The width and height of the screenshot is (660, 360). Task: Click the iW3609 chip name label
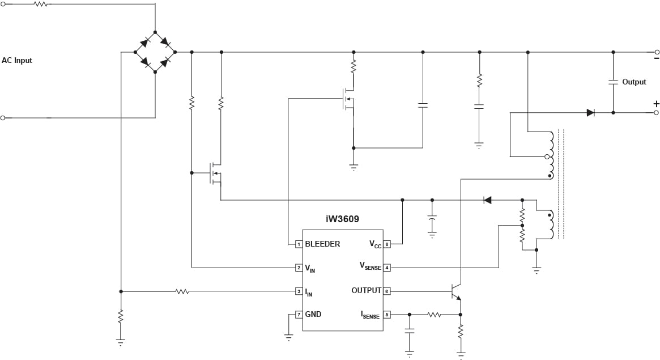pos(342,219)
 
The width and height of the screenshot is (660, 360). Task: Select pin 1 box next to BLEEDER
pos(298,244)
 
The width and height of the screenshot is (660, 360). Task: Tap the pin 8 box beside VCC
pos(387,244)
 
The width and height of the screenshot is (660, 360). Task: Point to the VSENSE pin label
pos(371,266)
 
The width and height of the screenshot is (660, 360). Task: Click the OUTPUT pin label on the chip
pos(366,291)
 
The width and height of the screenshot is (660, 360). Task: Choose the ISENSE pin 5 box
pos(387,314)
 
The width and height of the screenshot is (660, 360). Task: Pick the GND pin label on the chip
pos(313,314)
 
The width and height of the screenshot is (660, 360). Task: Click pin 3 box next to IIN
pos(298,291)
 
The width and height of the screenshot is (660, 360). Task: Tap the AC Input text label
pos(17,60)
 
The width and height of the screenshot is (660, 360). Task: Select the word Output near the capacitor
pos(634,82)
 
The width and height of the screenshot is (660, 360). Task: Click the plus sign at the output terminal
pos(656,104)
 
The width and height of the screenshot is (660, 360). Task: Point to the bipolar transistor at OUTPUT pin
pos(456,291)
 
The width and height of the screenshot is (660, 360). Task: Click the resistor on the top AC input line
pos(40,4)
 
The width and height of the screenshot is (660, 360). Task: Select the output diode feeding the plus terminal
pos(590,112)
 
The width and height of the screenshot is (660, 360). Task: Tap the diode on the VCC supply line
pos(487,200)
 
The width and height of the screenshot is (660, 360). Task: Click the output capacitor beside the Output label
pos(612,82)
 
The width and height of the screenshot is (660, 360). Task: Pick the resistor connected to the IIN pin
pos(182,291)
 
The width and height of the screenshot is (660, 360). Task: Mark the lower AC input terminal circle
pos(3,118)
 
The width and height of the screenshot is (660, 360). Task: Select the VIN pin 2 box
pos(298,267)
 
